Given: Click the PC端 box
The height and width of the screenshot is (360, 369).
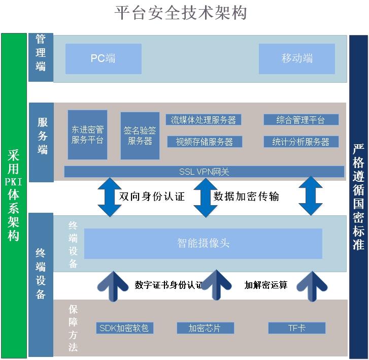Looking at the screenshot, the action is [x=104, y=58].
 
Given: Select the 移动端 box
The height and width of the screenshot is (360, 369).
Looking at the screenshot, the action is [x=297, y=58].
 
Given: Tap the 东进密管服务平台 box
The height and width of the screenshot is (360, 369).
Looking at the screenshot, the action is [x=87, y=135].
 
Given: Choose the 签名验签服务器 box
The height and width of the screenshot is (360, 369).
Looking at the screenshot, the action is [x=140, y=136].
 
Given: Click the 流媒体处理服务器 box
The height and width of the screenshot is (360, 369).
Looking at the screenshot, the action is [x=204, y=120].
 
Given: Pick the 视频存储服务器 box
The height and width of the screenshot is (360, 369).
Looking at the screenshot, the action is [x=205, y=142].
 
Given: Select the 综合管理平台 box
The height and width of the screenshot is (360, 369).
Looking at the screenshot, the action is [x=301, y=120].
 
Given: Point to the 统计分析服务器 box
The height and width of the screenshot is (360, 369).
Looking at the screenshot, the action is [x=301, y=142].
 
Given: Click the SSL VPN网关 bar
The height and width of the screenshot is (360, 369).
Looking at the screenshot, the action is [x=204, y=172].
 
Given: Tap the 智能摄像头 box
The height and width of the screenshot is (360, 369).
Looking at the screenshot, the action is [x=203, y=243].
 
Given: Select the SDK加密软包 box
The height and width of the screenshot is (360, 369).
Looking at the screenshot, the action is [x=125, y=328].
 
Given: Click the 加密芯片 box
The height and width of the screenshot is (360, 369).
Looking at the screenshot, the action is [x=206, y=328].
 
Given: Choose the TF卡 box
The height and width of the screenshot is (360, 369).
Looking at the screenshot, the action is [x=297, y=328].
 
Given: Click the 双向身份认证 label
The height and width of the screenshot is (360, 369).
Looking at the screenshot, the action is [x=152, y=197].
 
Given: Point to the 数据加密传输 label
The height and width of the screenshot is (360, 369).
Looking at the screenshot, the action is [x=246, y=197].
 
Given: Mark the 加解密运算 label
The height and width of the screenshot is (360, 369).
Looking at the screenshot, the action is [x=266, y=285].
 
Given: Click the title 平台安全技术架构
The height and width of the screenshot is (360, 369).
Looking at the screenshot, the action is [x=181, y=13].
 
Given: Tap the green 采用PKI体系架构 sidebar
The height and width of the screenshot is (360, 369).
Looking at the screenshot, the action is [x=14, y=195].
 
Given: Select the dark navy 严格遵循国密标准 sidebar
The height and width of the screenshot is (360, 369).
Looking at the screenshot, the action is [x=358, y=197].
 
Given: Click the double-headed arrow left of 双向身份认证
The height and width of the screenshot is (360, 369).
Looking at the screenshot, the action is [x=110, y=197].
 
